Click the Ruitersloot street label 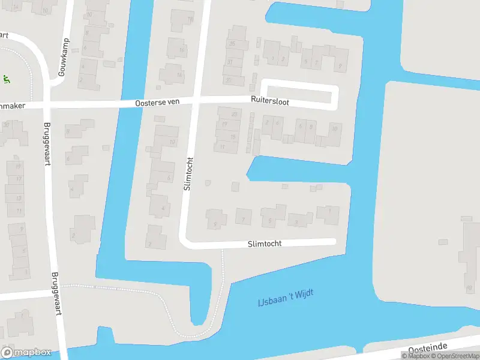269,102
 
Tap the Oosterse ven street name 158,103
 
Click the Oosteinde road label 429,349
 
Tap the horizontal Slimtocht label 265,244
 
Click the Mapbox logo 25,352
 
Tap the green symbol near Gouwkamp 6,79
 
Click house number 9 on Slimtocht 215,224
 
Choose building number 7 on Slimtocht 243,220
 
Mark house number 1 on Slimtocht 329,210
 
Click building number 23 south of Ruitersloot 234,114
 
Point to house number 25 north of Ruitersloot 232,44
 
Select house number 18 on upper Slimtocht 190,19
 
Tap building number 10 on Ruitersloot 334,128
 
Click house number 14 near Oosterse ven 179,75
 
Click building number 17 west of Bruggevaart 19,178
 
